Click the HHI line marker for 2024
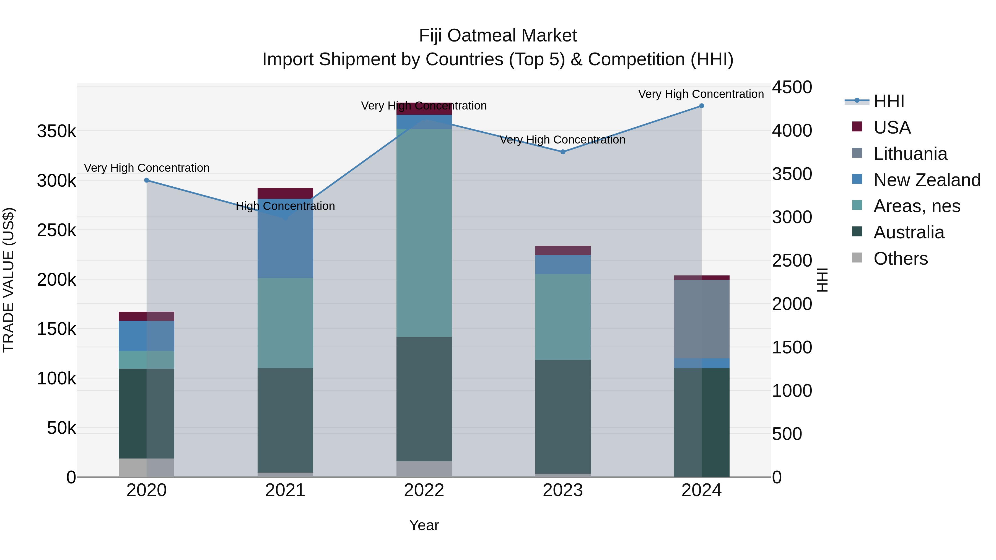701,106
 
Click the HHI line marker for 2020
147,180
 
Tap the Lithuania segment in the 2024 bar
701,319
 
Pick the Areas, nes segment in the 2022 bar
424,233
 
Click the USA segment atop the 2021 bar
285,193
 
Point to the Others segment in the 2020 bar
147,468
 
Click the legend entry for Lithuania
910,154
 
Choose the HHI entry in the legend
888,101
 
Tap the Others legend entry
901,259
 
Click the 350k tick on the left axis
56,131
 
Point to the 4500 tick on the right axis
792,87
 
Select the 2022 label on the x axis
424,490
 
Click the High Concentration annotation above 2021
285,206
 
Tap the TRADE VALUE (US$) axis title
9,280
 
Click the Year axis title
424,525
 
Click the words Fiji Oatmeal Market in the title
498,36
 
